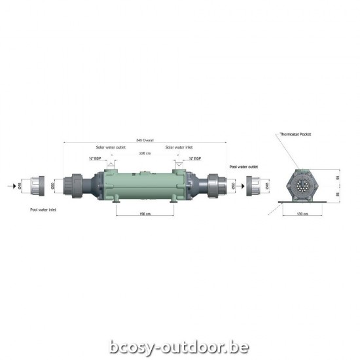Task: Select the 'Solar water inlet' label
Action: coord(179,147)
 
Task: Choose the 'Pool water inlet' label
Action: coord(43,211)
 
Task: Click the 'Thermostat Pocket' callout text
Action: coord(295,134)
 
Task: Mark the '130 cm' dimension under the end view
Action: coord(302,213)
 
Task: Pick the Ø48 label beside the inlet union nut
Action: coord(20,187)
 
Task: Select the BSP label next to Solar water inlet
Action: coord(194,158)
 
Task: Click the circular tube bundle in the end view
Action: coord(302,185)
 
